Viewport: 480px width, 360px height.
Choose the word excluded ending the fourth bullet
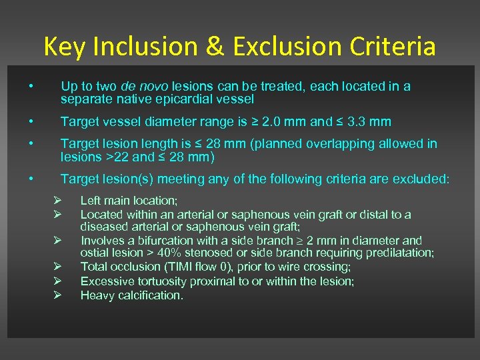click(x=425, y=179)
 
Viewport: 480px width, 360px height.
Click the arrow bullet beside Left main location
click(x=58, y=201)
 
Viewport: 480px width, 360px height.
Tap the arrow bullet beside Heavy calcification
click(x=58, y=295)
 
